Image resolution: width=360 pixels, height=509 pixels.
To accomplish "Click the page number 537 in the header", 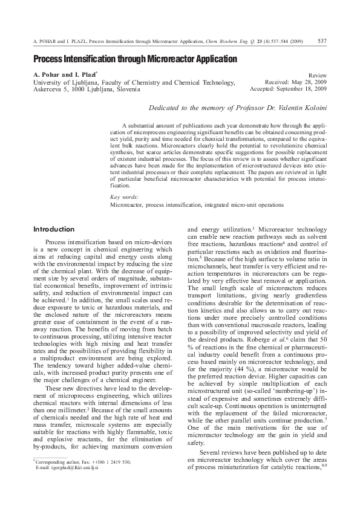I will coord(322,41).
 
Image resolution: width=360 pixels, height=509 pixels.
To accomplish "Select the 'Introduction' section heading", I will coord(54,229).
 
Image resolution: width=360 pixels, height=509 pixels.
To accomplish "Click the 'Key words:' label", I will coord(124,197).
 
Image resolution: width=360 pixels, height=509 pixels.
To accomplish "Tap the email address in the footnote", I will coord(67,468).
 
